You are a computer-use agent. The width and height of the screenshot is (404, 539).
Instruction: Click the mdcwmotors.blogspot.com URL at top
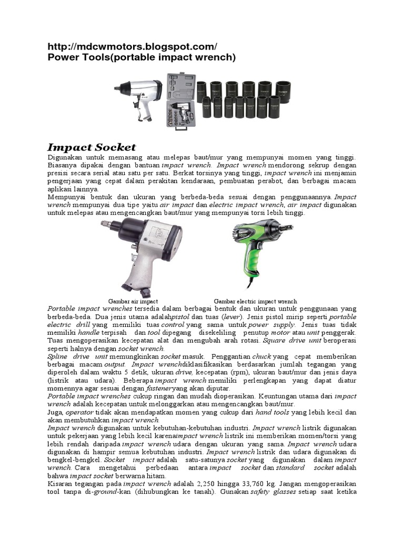(x=132, y=46)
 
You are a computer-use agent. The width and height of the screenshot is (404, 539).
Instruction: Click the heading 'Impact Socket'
(x=92, y=147)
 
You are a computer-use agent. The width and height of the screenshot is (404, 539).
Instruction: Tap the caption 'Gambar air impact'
(x=133, y=301)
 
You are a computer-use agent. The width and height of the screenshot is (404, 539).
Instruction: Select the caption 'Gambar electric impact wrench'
(x=255, y=301)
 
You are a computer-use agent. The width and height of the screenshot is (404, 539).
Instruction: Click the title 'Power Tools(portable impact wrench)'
(x=142, y=57)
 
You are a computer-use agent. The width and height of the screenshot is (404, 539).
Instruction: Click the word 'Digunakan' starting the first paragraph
(x=65, y=157)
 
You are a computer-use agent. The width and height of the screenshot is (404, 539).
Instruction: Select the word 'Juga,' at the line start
(x=55, y=412)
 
